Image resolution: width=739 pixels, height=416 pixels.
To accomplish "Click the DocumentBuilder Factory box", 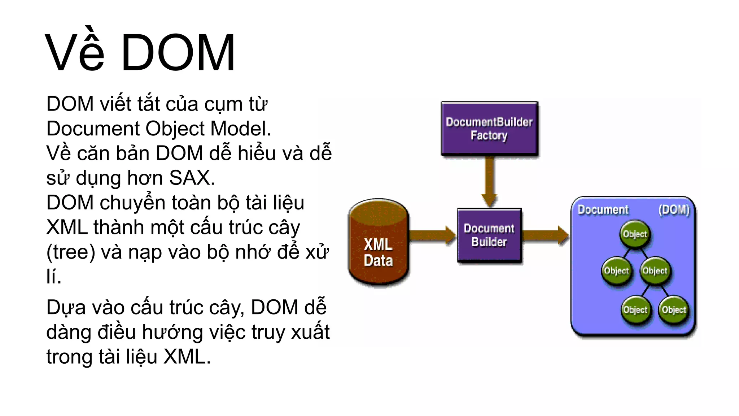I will pos(489,129).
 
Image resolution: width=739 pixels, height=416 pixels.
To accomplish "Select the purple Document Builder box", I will pos(489,235).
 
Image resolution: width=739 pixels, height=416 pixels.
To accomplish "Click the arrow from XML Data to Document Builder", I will pos(432,235).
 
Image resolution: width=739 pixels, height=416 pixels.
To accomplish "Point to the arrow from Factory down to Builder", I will pos(489,181).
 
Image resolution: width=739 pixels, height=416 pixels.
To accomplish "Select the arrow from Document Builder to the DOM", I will pos(545,235).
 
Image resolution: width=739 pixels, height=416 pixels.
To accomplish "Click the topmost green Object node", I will pos(635,234).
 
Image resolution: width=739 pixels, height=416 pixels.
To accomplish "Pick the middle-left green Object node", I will pos(616,270).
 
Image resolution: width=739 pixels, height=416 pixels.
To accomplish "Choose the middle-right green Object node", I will pos(655,270).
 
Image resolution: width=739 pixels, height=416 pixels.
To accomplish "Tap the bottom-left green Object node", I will pos(635,309).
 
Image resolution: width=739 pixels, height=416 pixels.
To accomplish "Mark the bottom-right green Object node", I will pos(674,309).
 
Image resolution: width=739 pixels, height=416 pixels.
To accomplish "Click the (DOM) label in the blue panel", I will pos(674,209).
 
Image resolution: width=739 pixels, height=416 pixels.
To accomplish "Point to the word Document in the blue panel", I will pos(603,209).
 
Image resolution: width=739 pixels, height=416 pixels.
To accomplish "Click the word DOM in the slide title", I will pos(178,53).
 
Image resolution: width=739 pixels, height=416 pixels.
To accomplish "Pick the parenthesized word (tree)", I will pos(71,252).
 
